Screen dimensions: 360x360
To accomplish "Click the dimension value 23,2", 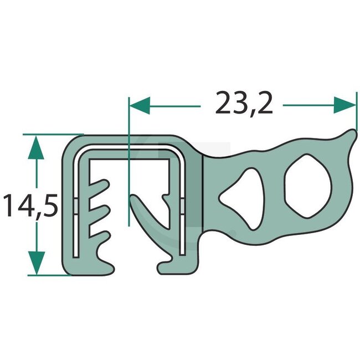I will pos(244,103).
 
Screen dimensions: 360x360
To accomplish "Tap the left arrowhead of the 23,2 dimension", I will pos(139,104).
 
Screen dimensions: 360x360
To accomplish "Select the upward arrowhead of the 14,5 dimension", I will pos(35,146).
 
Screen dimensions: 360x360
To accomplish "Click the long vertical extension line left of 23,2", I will pos(128,166).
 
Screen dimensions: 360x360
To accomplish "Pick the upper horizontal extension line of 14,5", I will pos(53,134).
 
